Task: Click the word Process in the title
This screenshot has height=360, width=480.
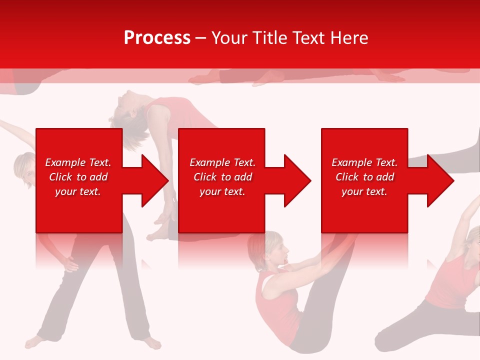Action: point(157,38)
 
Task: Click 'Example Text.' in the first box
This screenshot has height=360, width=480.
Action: point(78,162)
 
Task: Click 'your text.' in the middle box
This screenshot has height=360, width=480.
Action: point(222,191)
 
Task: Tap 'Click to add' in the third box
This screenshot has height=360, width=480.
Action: point(364,177)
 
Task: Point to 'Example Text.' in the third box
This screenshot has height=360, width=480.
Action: point(364,162)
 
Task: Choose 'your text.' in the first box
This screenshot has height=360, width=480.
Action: point(78,191)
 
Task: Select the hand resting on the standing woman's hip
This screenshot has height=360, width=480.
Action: point(69,263)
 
